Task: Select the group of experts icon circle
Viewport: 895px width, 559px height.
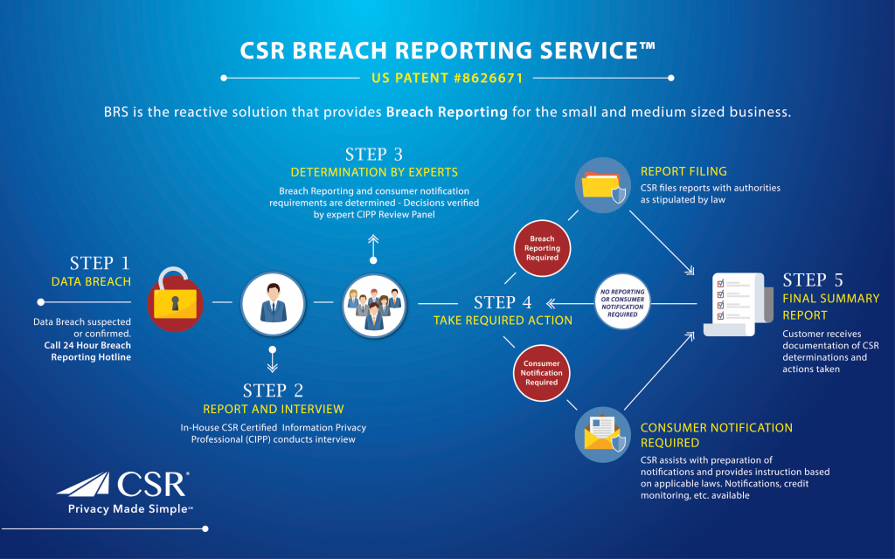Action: click(x=374, y=302)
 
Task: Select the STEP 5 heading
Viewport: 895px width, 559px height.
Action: click(x=813, y=280)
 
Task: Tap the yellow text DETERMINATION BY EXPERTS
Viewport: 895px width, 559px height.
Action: click(x=374, y=172)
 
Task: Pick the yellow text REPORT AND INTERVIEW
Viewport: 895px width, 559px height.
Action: click(x=274, y=409)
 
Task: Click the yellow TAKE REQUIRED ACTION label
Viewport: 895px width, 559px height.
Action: click(x=503, y=321)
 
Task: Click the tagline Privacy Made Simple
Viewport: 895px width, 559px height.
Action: click(x=130, y=509)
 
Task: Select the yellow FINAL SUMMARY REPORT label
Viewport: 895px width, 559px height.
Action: click(x=830, y=307)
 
